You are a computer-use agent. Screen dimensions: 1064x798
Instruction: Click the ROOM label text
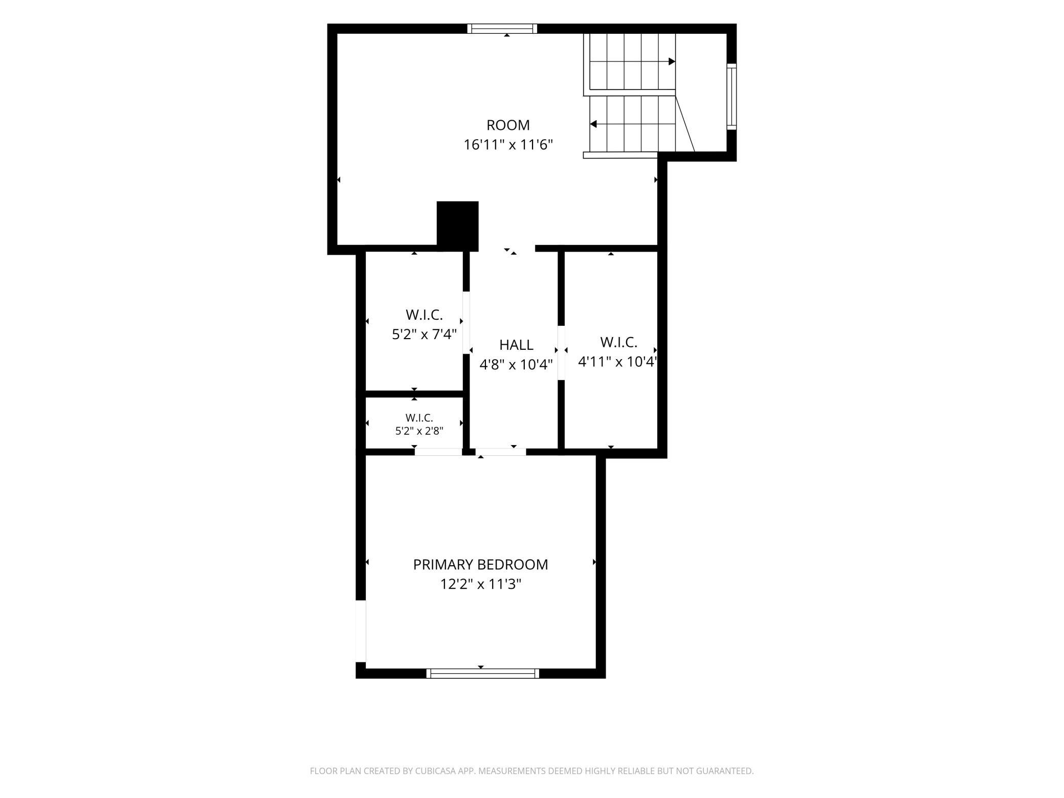[508, 125]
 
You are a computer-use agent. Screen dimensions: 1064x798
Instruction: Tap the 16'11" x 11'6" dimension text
[508, 145]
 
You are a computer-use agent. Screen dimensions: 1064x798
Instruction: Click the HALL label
[516, 345]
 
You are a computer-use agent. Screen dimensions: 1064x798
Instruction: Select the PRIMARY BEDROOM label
[480, 564]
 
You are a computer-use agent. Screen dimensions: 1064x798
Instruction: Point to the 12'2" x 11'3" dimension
[480, 584]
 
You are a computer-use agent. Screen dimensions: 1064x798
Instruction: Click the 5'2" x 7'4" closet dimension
[424, 334]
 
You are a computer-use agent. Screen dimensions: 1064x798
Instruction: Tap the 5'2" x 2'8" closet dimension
[419, 431]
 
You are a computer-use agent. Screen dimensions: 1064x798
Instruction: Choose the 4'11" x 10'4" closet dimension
[617, 362]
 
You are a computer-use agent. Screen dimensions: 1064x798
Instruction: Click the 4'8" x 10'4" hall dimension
[516, 364]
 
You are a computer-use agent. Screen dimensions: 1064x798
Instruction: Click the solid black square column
[457, 226]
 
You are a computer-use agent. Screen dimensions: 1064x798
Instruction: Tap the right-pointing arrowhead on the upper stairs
[672, 61]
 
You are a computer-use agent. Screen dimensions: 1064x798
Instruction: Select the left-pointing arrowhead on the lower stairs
[593, 124]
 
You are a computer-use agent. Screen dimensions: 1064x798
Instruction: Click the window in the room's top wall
[502, 29]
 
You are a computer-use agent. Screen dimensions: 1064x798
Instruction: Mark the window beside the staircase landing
[732, 97]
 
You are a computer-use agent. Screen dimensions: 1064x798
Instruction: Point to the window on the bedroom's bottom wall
[483, 673]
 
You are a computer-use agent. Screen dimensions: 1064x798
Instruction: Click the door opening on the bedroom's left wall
[361, 631]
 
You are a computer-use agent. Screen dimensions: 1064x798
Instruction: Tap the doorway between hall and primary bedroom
[501, 452]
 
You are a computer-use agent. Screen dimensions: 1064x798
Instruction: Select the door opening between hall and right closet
[561, 353]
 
